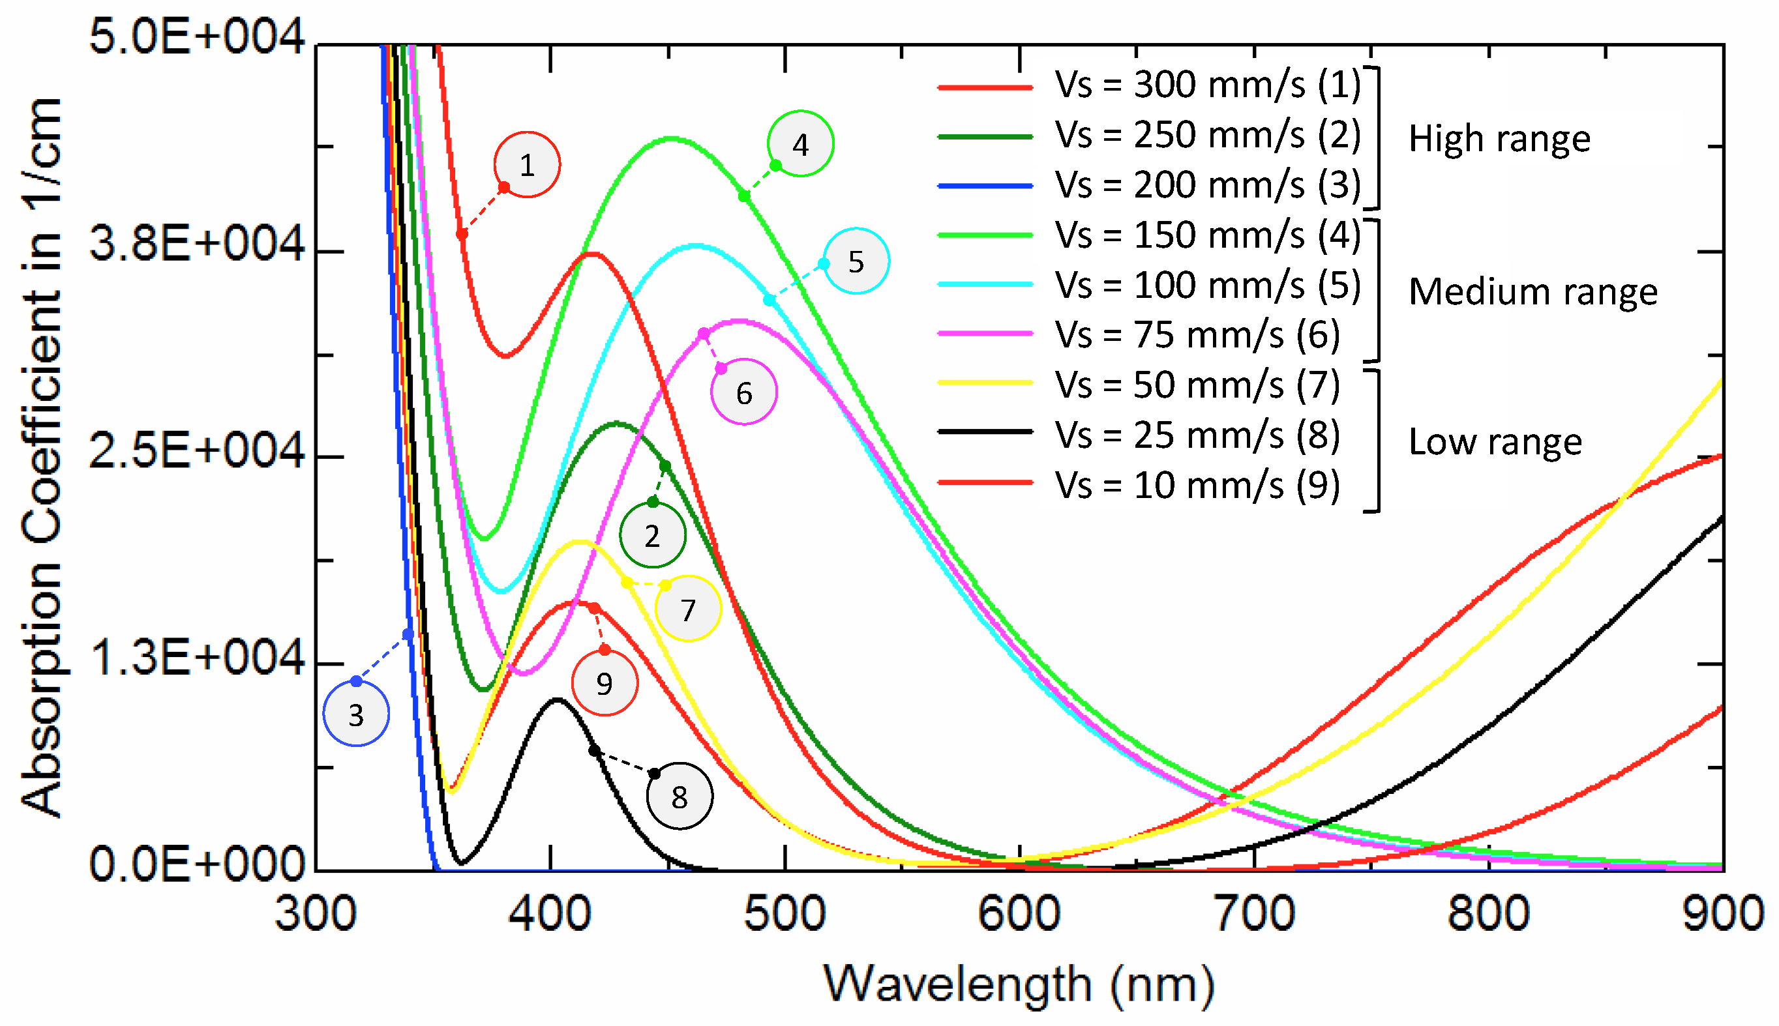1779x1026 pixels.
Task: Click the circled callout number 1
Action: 526,164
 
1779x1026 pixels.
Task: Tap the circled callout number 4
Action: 800,144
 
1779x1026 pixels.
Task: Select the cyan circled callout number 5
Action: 856,261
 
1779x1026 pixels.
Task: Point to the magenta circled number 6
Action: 743,392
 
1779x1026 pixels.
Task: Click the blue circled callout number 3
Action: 356,714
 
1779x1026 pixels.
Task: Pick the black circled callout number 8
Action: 679,797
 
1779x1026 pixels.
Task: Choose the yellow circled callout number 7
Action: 688,609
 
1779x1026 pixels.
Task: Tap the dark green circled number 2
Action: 652,536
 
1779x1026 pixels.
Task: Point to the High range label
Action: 1499,138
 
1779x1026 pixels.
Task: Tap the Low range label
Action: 1495,442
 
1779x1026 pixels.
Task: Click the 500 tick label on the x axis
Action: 785,914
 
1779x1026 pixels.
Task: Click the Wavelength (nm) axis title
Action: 1019,984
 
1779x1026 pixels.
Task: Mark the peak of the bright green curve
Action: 671,138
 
